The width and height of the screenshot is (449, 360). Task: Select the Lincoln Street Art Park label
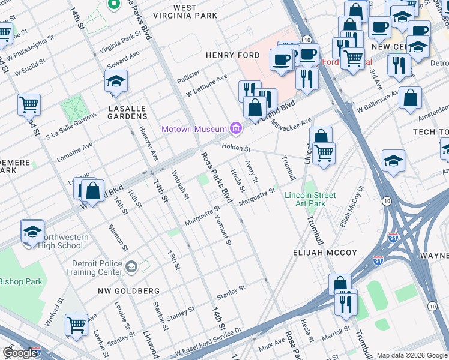click(x=310, y=199)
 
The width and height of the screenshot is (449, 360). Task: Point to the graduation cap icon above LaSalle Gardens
click(x=116, y=82)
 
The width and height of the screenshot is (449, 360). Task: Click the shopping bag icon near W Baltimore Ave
click(x=410, y=98)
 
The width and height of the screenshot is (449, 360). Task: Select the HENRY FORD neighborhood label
click(x=232, y=55)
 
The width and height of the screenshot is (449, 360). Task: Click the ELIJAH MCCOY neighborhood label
click(x=325, y=253)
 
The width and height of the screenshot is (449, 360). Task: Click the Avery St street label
click(x=252, y=172)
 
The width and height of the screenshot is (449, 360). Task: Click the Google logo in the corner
click(x=20, y=353)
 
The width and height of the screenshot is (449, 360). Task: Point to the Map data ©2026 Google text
click(x=412, y=355)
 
